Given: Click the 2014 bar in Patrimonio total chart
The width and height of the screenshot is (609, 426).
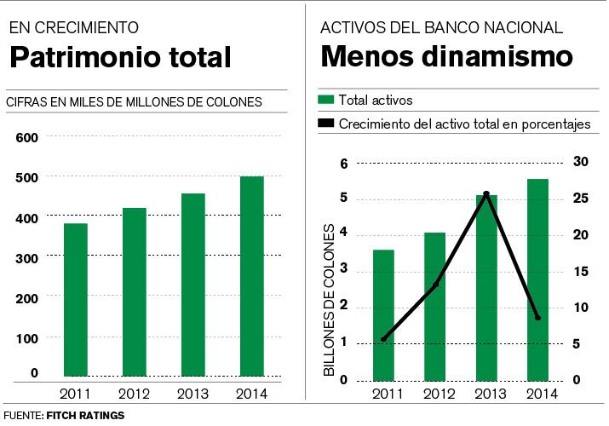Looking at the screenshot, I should [252, 276].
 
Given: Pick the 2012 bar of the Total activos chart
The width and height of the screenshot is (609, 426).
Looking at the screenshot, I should [435, 307].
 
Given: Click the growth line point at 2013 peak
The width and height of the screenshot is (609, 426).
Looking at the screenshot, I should [486, 194].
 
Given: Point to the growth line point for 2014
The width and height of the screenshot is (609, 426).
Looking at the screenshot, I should [537, 318].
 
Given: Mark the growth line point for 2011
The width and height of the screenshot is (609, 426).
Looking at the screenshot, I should [383, 339].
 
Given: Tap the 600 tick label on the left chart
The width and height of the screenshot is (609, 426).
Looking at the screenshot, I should [28, 138].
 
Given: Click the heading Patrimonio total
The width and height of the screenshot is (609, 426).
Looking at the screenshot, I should [119, 58].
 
